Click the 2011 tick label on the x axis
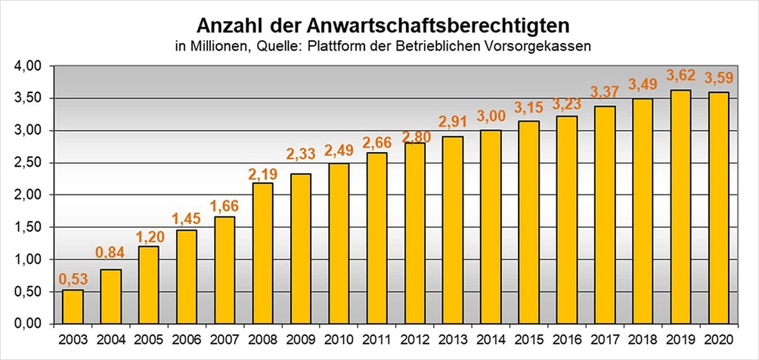376,339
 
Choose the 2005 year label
148,339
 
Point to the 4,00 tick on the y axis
28,67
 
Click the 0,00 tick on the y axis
28,324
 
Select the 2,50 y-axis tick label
28,163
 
